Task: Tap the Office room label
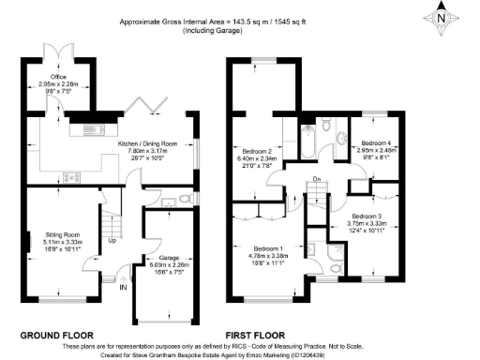59,77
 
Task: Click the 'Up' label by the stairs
113,240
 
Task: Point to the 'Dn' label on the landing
316,179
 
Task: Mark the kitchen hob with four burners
71,176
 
